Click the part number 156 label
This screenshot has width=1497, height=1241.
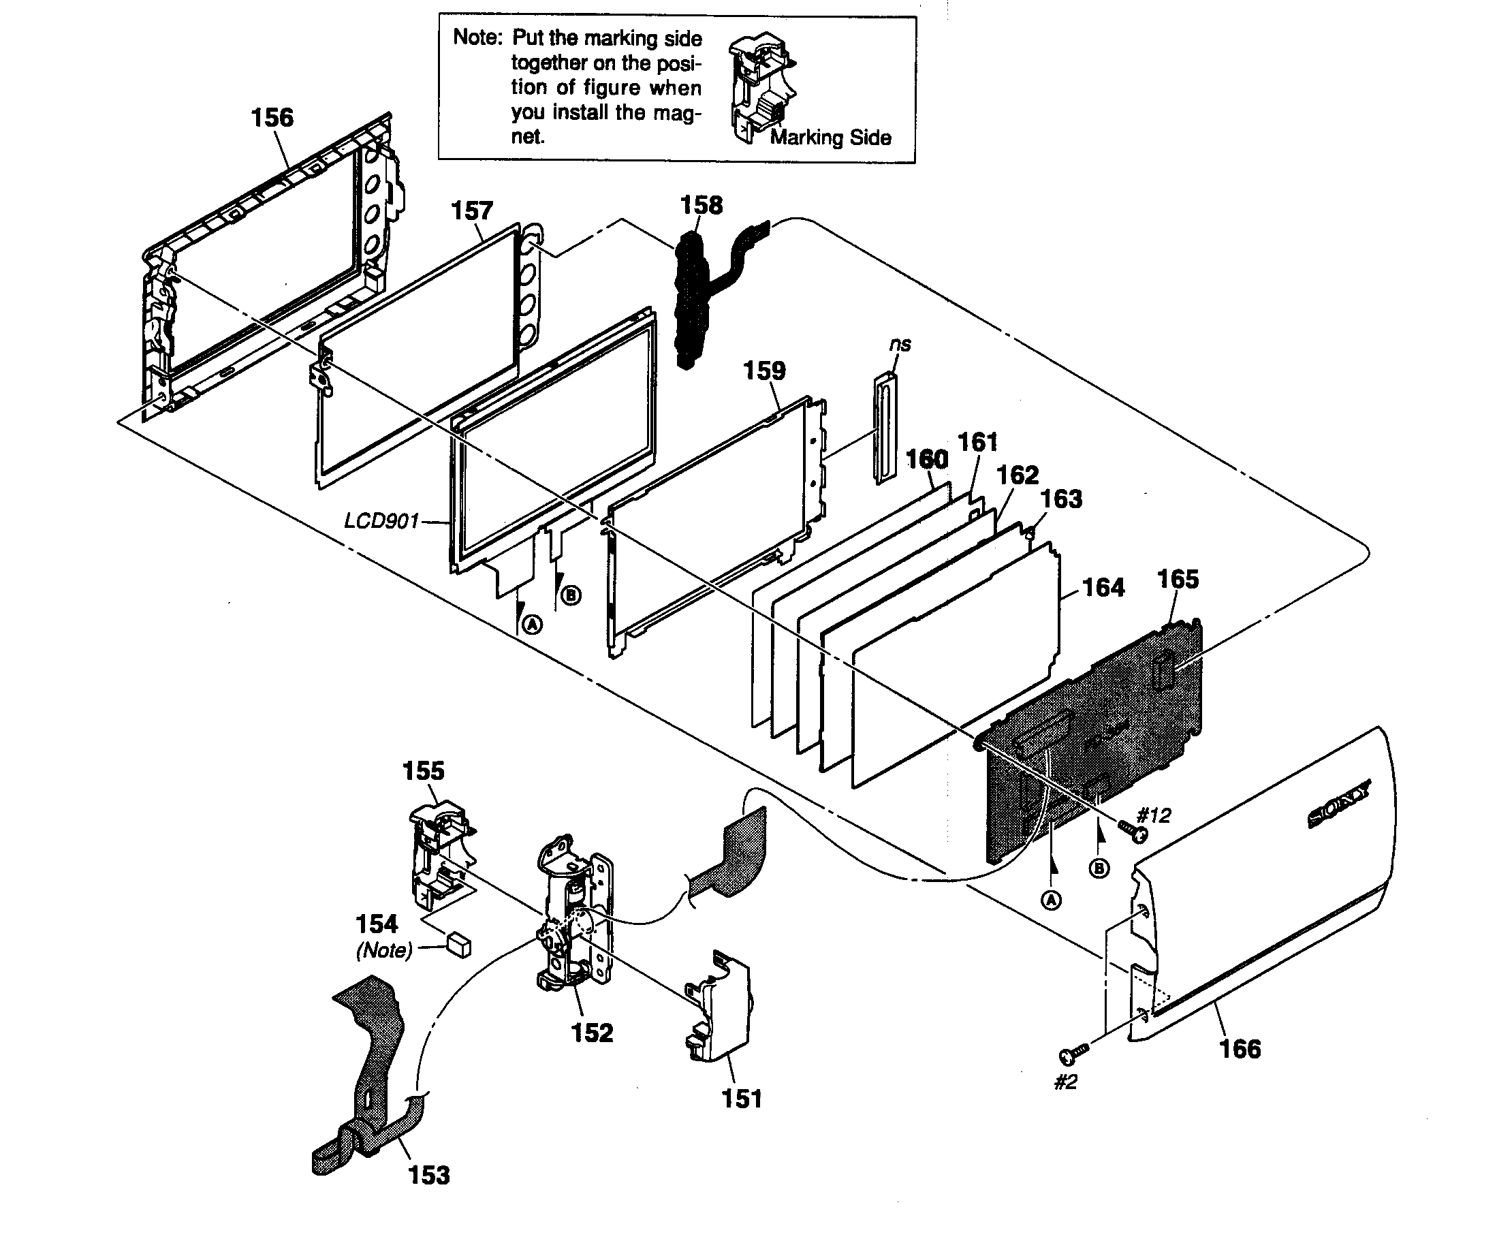(x=272, y=118)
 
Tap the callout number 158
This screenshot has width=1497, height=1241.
(x=701, y=205)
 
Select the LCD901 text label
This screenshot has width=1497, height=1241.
(x=381, y=521)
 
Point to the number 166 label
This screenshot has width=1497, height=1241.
(x=1240, y=1048)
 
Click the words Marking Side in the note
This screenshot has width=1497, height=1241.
(x=830, y=138)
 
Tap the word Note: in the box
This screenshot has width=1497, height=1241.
(x=477, y=37)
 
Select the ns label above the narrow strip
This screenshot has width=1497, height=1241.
(x=900, y=344)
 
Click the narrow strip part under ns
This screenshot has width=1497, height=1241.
(x=885, y=428)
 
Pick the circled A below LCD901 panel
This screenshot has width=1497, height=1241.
(x=532, y=625)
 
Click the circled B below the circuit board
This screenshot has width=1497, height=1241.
(x=1100, y=868)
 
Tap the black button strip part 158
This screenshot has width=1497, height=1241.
(x=689, y=300)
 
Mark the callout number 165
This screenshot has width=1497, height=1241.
(x=1178, y=579)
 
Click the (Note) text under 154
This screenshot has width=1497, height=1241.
(x=383, y=950)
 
